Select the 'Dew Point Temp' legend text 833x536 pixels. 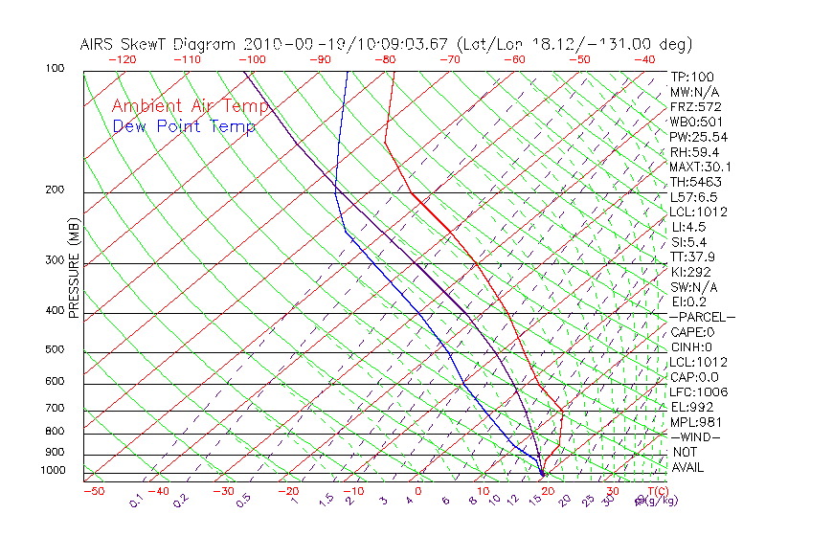pyautogui.click(x=184, y=126)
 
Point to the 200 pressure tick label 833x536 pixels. pyautogui.click(x=56, y=190)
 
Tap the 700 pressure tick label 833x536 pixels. pyautogui.click(x=56, y=409)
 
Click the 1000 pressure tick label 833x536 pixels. pyautogui.click(x=53, y=470)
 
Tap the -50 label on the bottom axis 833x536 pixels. pyautogui.click(x=93, y=491)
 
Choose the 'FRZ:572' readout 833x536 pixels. pyautogui.click(x=695, y=106)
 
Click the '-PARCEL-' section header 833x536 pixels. pyautogui.click(x=702, y=317)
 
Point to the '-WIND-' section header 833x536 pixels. pyautogui.click(x=696, y=436)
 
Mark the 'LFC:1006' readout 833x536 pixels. pyautogui.click(x=699, y=391)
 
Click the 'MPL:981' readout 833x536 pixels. pyautogui.click(x=695, y=421)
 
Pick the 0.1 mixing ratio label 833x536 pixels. pyautogui.click(x=137, y=501)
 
